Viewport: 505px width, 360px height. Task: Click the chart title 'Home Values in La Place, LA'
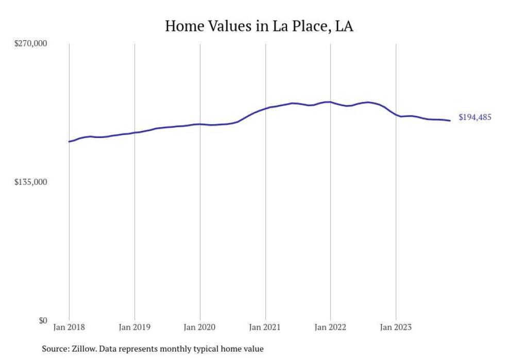pyautogui.click(x=259, y=26)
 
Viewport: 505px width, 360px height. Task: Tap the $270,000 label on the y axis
pyautogui.click(x=30, y=44)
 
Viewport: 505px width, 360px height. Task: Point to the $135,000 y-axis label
pyautogui.click(x=30, y=182)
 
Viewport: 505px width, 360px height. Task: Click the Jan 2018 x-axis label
pyautogui.click(x=69, y=327)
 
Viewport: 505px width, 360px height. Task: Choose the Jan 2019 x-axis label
pyautogui.click(x=134, y=327)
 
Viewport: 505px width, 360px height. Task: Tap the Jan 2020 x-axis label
pyautogui.click(x=200, y=327)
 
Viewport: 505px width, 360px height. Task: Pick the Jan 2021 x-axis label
pyautogui.click(x=265, y=327)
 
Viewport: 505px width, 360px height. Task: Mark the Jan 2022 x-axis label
pyautogui.click(x=330, y=327)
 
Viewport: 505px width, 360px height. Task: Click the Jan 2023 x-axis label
pyautogui.click(x=396, y=327)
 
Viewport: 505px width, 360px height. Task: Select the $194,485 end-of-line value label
pyautogui.click(x=475, y=117)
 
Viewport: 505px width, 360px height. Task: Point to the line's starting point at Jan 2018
pyautogui.click(x=69, y=141)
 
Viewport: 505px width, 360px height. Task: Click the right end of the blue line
pyautogui.click(x=450, y=121)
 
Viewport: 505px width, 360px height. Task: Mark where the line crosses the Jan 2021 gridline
pyautogui.click(x=265, y=108)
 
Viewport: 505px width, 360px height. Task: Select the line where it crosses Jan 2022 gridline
pyautogui.click(x=330, y=102)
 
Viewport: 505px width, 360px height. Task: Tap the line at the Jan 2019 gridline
pyautogui.click(x=134, y=132)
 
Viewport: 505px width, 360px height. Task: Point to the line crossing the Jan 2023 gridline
pyautogui.click(x=396, y=115)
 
